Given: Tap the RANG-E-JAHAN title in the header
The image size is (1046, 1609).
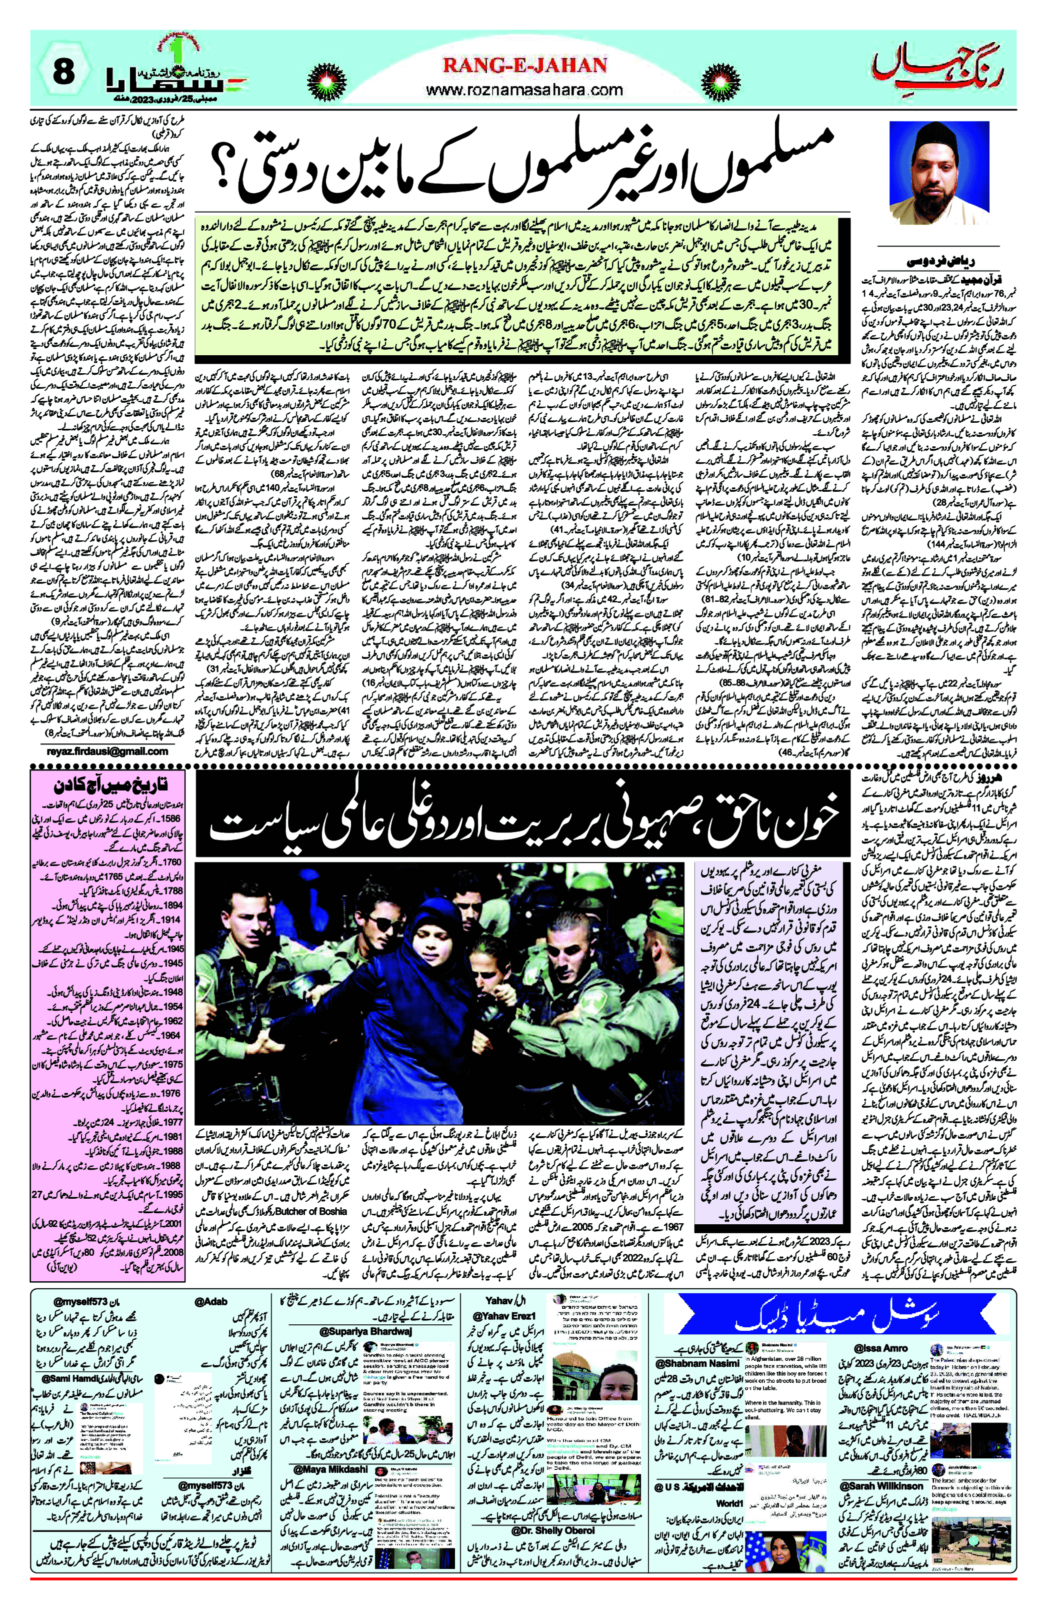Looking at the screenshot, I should (x=524, y=66).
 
